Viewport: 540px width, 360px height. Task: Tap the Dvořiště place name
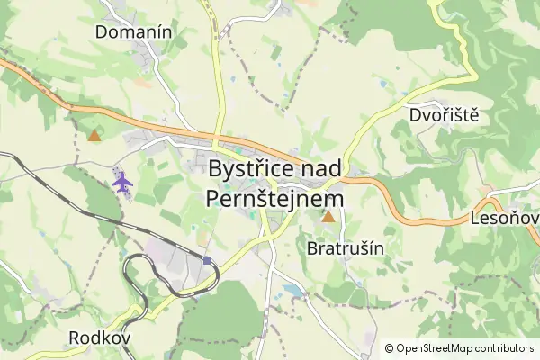click(443, 115)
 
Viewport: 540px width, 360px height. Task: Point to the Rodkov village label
click(100, 337)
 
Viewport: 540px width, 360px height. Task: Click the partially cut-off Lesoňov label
click(504, 219)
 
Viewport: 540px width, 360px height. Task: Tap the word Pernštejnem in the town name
click(274, 198)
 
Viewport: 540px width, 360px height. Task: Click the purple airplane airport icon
click(121, 181)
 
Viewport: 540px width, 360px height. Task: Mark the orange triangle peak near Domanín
click(94, 136)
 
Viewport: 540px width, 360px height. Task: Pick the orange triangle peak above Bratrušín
click(328, 216)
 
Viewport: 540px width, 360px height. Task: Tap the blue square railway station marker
click(207, 261)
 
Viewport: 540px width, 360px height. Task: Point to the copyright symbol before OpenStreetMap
click(390, 348)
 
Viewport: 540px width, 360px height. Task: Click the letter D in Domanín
click(103, 32)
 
